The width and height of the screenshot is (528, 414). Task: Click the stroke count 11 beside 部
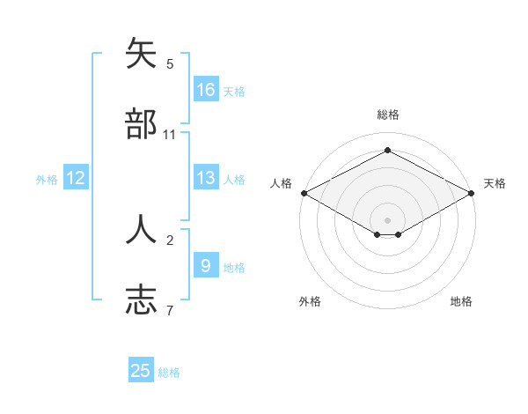pyautogui.click(x=170, y=134)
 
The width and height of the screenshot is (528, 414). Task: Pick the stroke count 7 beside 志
pyautogui.click(x=170, y=309)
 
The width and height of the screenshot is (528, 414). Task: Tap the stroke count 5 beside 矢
pyautogui.click(x=170, y=63)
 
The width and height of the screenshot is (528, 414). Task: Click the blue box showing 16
pyautogui.click(x=206, y=90)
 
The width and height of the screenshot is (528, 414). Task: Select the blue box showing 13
pyautogui.click(x=206, y=178)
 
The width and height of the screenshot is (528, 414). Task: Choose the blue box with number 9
pyautogui.click(x=206, y=265)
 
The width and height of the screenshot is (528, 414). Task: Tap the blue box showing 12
pyautogui.click(x=76, y=178)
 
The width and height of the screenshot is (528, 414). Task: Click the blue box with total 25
pyautogui.click(x=141, y=371)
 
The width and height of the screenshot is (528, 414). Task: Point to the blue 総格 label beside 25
pyautogui.click(x=169, y=373)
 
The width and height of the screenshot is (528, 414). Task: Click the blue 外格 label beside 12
pyautogui.click(x=47, y=180)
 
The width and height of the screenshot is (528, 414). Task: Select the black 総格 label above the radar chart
pyautogui.click(x=388, y=115)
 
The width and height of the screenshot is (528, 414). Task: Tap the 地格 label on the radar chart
pyautogui.click(x=461, y=301)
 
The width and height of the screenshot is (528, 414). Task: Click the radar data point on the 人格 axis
pyautogui.click(x=304, y=193)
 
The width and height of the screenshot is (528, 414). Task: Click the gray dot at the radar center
pyautogui.click(x=388, y=219)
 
